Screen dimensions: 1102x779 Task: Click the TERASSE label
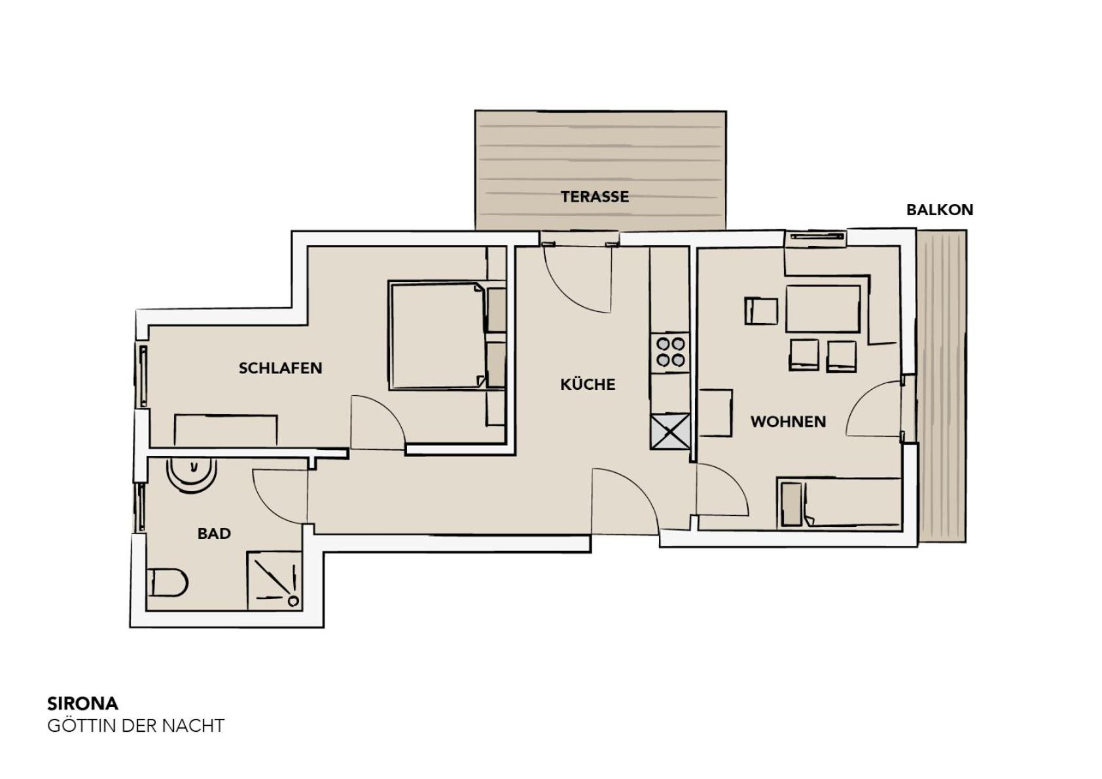[595, 197]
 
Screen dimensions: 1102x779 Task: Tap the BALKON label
[940, 210]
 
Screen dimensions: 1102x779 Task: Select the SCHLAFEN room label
[281, 368]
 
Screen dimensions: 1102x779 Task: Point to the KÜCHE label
[588, 384]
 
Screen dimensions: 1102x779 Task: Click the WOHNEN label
[788, 421]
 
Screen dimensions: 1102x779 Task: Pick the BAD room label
[214, 534]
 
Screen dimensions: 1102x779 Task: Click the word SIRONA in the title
[82, 704]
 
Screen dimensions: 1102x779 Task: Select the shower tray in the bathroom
[274, 581]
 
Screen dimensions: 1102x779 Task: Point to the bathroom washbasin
[191, 475]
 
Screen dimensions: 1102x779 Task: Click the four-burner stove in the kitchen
[669, 353]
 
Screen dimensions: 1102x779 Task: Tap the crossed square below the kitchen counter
[669, 431]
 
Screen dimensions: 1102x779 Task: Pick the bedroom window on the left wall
[143, 376]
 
